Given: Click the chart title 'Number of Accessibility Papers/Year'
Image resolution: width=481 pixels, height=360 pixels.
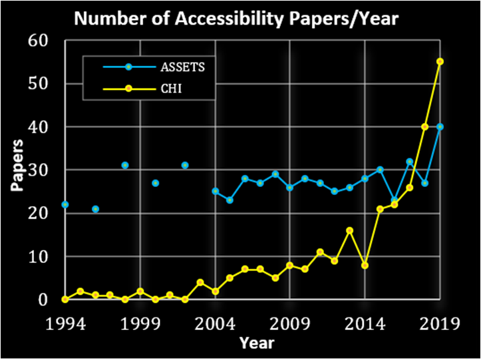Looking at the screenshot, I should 236,19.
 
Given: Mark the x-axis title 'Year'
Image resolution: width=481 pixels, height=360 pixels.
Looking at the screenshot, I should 255,343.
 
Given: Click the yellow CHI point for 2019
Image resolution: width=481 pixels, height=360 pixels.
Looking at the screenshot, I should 440,61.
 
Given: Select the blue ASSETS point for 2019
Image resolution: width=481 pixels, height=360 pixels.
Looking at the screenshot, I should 440,126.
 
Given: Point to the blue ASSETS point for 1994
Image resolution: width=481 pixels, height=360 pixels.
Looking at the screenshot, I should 65,204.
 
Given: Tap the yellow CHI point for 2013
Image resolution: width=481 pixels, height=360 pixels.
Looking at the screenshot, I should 350,230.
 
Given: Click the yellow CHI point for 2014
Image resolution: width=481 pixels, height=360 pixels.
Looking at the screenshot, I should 365,265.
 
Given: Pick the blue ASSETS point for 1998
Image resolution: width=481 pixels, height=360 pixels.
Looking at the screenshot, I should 125,165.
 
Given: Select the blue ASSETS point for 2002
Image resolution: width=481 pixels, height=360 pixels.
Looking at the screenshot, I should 185,165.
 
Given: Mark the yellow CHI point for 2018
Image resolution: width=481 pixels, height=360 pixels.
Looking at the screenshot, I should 424,126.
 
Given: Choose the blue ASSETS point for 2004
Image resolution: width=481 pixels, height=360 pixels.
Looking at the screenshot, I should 215,191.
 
